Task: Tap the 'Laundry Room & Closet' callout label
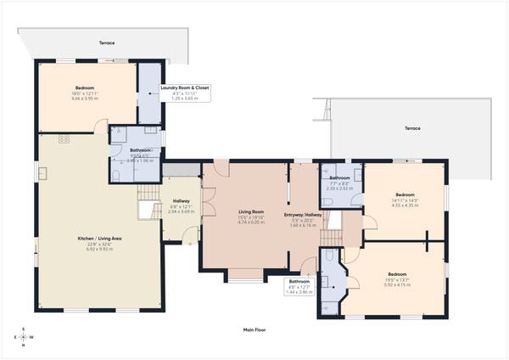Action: (186, 87)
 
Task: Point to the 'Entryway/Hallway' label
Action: (302, 216)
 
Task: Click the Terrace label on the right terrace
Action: (411, 127)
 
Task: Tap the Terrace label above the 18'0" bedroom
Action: (106, 42)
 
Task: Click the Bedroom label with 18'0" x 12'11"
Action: (87, 88)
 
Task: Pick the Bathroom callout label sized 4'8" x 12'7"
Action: (299, 281)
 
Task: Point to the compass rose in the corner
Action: (25, 337)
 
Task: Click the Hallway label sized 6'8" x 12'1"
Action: (182, 201)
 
